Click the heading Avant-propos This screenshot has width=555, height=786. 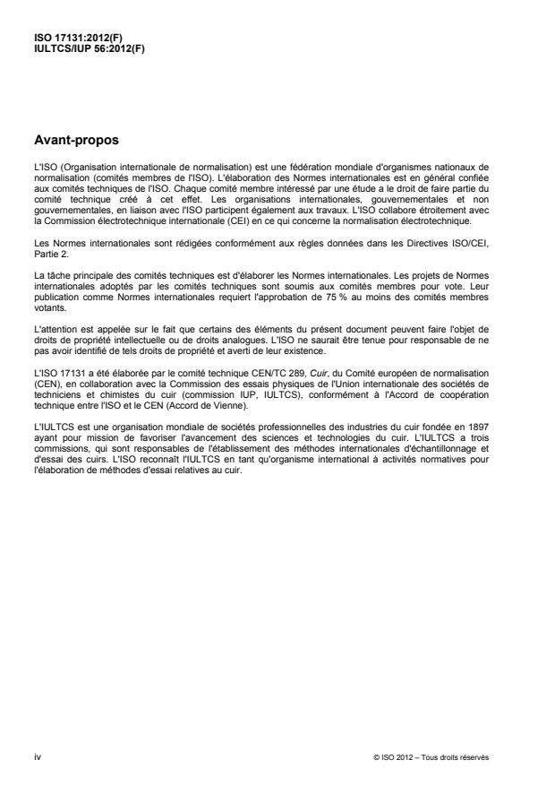point(76,141)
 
